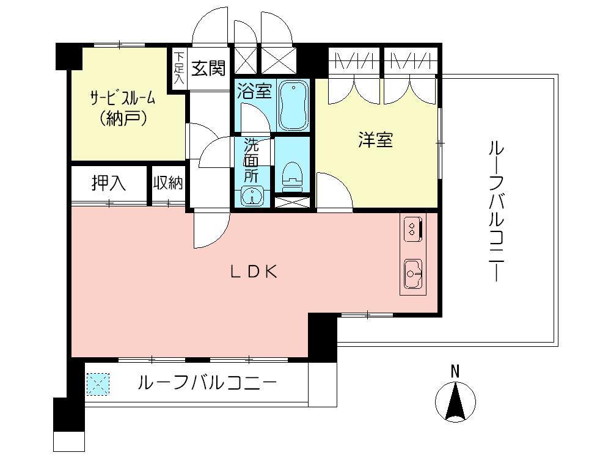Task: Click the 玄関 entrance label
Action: coord(208,68)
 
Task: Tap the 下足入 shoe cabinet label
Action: coord(178,68)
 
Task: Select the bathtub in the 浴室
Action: coord(294,105)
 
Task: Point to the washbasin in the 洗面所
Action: coord(252,195)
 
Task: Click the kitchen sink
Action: coord(412,274)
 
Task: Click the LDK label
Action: coord(254,272)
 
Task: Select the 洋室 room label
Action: coord(375,140)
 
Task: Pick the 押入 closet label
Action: coord(109,183)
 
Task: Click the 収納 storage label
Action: coord(168,183)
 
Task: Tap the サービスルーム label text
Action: coord(122,98)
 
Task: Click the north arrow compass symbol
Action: coord(455,402)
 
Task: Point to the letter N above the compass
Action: coord(455,371)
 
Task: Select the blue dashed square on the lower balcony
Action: coord(98,384)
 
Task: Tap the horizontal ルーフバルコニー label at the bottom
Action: coord(207,383)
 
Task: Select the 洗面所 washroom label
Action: coord(251,161)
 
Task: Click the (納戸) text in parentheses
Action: coord(123,117)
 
